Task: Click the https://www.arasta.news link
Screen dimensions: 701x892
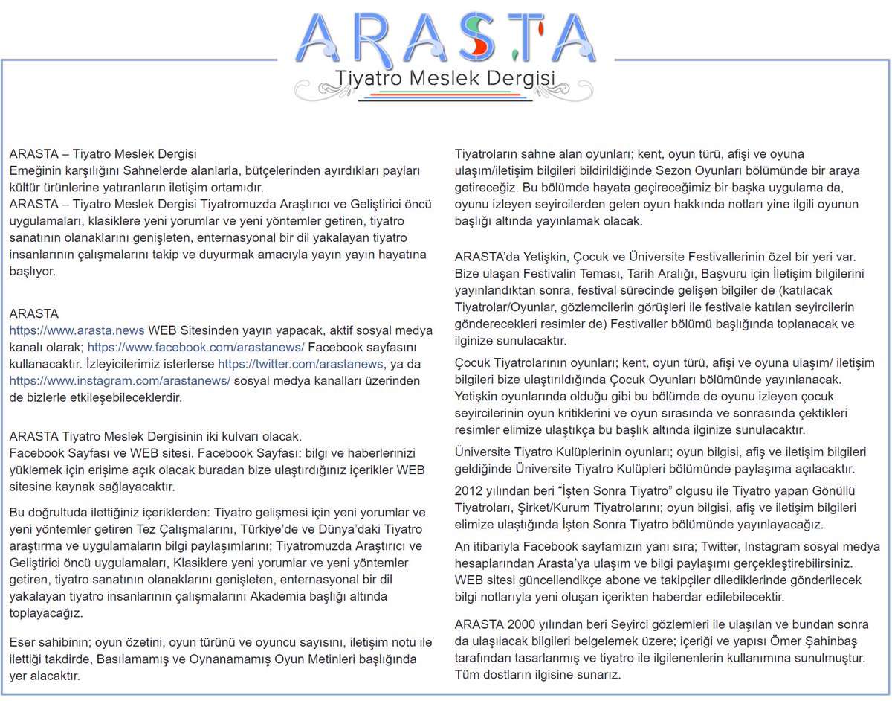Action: pyautogui.click(x=77, y=330)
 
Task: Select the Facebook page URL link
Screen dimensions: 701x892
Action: pyautogui.click(x=196, y=347)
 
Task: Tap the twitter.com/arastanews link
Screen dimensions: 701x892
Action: pyautogui.click(x=300, y=364)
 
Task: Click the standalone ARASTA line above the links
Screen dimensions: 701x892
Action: pyautogui.click(x=33, y=313)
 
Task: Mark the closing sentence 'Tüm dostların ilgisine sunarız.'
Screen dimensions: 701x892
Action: pyautogui.click(x=537, y=675)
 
